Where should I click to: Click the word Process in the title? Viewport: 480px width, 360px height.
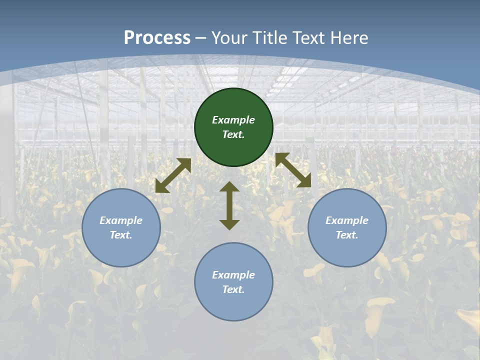157,37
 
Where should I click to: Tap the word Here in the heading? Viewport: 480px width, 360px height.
348,37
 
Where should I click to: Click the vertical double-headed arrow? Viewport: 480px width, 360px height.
229,206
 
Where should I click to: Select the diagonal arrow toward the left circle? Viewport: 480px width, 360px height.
173,175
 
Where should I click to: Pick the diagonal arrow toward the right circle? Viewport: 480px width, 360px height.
293,170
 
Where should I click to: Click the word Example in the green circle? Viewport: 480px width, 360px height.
233,120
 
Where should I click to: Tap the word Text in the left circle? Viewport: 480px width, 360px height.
120,235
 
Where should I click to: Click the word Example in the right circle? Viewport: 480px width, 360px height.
347,220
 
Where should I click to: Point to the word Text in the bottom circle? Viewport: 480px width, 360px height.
233,289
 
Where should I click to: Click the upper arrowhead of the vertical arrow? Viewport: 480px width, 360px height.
229,187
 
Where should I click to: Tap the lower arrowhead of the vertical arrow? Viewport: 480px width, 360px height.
229,224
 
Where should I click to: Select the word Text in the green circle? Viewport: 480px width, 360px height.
233,135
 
